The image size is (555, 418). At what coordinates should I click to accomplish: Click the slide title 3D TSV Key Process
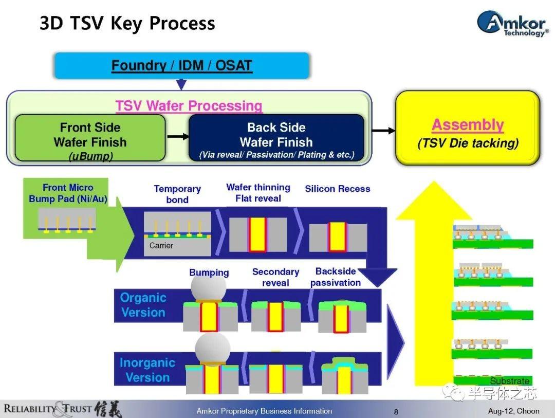pos(127,24)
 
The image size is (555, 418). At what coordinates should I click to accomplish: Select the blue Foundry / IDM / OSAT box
pos(182,66)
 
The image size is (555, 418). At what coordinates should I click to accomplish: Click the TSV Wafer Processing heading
pos(189,106)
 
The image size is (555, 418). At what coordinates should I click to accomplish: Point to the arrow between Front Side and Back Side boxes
pos(177,136)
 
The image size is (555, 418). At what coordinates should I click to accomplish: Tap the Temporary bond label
pos(177,194)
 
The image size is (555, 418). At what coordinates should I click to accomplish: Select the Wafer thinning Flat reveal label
pos(258,193)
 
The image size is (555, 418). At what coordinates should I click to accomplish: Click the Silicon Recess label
pos(337,189)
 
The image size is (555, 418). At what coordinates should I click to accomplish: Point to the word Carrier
pos(161,246)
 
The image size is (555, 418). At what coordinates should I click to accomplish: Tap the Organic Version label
pos(143,305)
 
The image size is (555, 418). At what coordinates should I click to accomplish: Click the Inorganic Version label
pos(147,370)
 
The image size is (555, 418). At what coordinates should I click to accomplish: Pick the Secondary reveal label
pos(275,277)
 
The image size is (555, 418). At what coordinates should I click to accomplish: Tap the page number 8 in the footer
pos(396,411)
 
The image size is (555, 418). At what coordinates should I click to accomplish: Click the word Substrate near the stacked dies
pos(509,381)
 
